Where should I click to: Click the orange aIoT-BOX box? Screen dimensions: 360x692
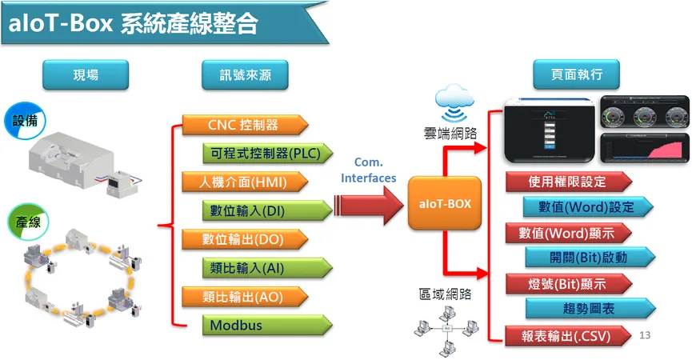click(444, 204)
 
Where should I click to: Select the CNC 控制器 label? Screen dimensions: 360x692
click(243, 125)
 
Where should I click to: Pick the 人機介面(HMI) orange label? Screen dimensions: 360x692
click(243, 182)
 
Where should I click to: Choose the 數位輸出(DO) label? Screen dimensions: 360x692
click(243, 239)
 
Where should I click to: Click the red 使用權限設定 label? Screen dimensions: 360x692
click(567, 182)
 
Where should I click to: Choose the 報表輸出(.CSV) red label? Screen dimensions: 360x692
click(567, 336)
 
